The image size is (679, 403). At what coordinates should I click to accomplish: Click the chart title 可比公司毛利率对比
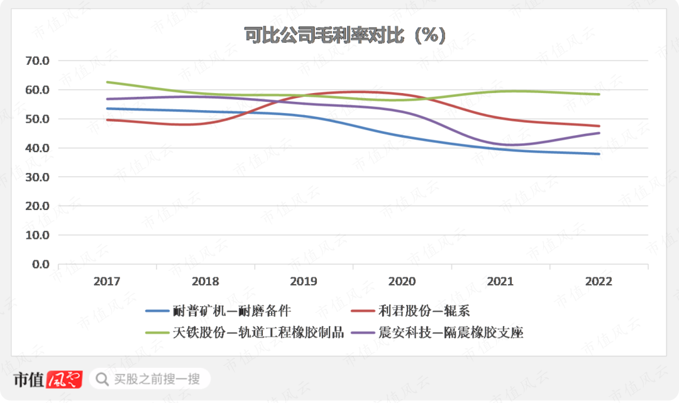coord(345,35)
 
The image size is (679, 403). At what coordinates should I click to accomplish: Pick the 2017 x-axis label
coord(107,282)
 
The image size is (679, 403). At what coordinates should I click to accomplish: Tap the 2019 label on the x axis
coord(304,282)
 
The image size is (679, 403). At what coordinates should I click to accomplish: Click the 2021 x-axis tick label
coord(500,282)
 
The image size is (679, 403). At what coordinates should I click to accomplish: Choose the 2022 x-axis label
coord(599,282)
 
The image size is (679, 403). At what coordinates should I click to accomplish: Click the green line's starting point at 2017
coord(107,82)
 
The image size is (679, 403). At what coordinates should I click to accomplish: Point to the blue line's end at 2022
coord(599,154)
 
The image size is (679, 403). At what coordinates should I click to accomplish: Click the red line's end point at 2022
coord(599,126)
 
